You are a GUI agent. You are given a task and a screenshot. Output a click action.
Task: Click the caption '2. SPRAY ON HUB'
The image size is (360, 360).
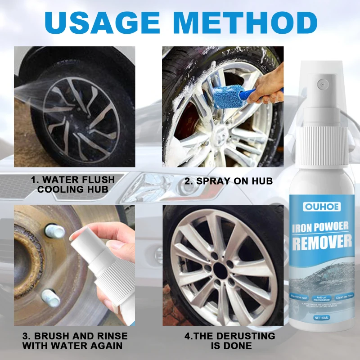coord(229,181)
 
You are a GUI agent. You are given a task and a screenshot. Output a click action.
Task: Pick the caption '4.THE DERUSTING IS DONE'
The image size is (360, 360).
coord(229,341)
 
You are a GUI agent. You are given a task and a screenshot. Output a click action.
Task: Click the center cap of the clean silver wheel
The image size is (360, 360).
coord(221,271)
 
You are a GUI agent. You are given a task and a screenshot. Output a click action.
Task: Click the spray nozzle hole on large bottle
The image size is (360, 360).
coord(321,84)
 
